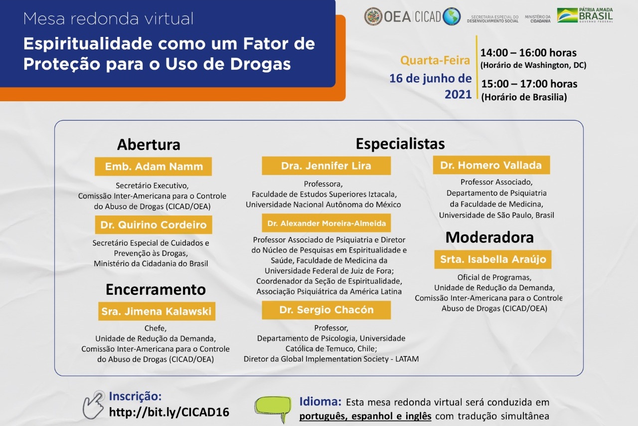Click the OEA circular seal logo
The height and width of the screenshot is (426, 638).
(373, 16)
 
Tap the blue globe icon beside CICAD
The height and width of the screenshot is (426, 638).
(452, 16)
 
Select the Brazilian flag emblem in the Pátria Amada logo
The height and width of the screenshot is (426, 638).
(567, 15)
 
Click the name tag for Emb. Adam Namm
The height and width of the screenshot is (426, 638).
(153, 167)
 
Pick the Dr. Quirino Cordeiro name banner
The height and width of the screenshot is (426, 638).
(154, 224)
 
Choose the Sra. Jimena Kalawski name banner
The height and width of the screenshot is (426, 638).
(157, 311)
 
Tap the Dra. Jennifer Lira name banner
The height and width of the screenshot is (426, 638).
(326, 166)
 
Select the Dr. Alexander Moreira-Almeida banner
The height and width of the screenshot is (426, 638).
(326, 223)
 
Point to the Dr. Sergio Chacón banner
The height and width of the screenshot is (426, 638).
(326, 310)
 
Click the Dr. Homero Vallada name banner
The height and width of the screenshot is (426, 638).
(491, 165)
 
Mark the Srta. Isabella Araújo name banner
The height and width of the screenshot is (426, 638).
(493, 259)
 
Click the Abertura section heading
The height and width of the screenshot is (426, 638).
(149, 145)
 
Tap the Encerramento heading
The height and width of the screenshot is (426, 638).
(156, 290)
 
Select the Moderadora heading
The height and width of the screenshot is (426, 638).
(489, 237)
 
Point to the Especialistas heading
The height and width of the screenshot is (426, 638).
(400, 144)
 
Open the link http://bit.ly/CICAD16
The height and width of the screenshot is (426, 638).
(169, 412)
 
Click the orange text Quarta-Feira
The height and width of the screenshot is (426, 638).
(435, 60)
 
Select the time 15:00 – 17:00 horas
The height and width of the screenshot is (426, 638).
(529, 84)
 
